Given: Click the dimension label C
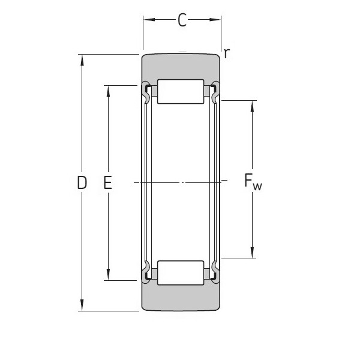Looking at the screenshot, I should point(182,21).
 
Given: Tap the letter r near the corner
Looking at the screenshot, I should point(226,53).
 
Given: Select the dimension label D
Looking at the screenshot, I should point(82,182).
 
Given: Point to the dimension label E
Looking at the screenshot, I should point(108,182).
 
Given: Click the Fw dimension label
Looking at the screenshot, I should point(253,182).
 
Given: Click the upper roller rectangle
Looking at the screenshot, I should point(181,91).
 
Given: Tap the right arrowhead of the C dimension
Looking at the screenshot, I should point(217,21).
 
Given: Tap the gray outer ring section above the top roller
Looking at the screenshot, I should point(181,66).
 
